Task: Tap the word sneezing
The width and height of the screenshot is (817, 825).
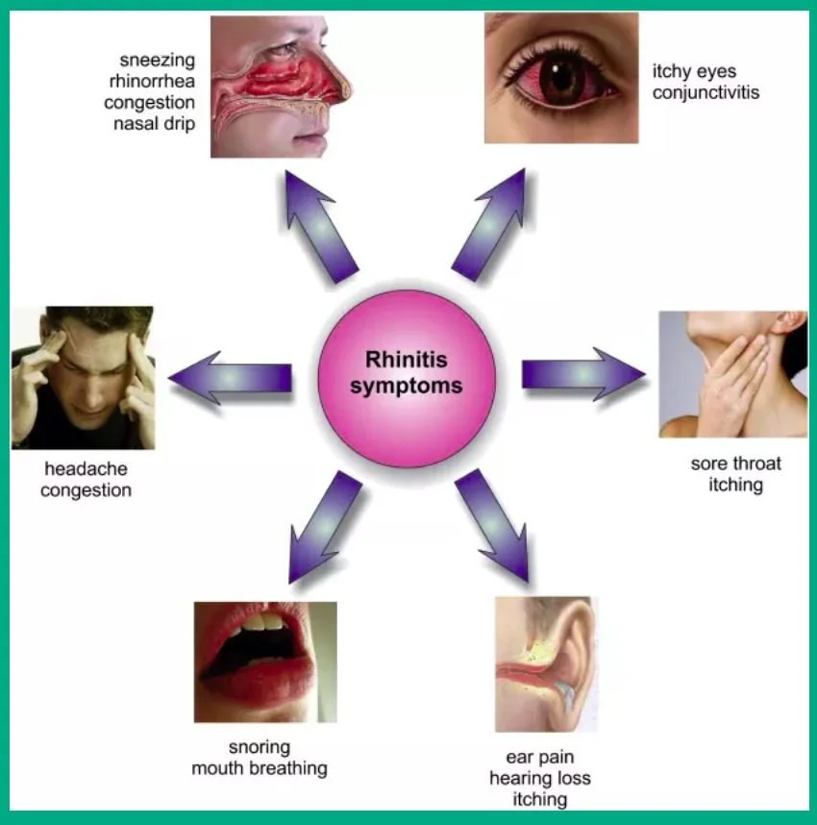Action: point(158,61)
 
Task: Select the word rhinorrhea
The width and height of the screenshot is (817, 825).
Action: point(152,81)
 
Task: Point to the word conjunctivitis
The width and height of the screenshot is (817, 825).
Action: point(706,92)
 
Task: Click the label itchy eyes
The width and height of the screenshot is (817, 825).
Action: point(694,71)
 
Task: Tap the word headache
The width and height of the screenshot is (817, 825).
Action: point(86,469)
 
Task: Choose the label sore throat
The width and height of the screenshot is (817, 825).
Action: point(735,463)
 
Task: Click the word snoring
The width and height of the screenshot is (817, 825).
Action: point(259,747)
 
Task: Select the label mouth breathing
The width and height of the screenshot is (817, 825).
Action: point(259,768)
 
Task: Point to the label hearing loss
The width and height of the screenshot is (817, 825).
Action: point(539,778)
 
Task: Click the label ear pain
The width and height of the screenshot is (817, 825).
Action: point(539,757)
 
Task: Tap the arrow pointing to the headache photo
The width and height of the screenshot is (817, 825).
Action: point(231,377)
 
